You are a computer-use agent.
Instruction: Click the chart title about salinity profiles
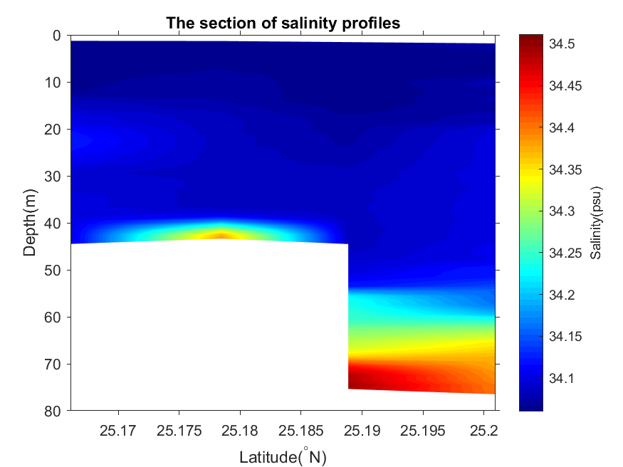[283, 23]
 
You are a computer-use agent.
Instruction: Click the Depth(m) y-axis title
[30, 222]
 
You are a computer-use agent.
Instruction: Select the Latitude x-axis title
[283, 456]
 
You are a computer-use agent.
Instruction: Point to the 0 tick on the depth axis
[58, 35]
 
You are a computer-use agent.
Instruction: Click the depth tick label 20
[54, 129]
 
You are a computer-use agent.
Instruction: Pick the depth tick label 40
[54, 223]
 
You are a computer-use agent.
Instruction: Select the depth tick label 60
[54, 317]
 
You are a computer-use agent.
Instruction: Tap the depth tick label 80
[54, 411]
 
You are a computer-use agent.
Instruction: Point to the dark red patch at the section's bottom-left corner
[354, 384]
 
